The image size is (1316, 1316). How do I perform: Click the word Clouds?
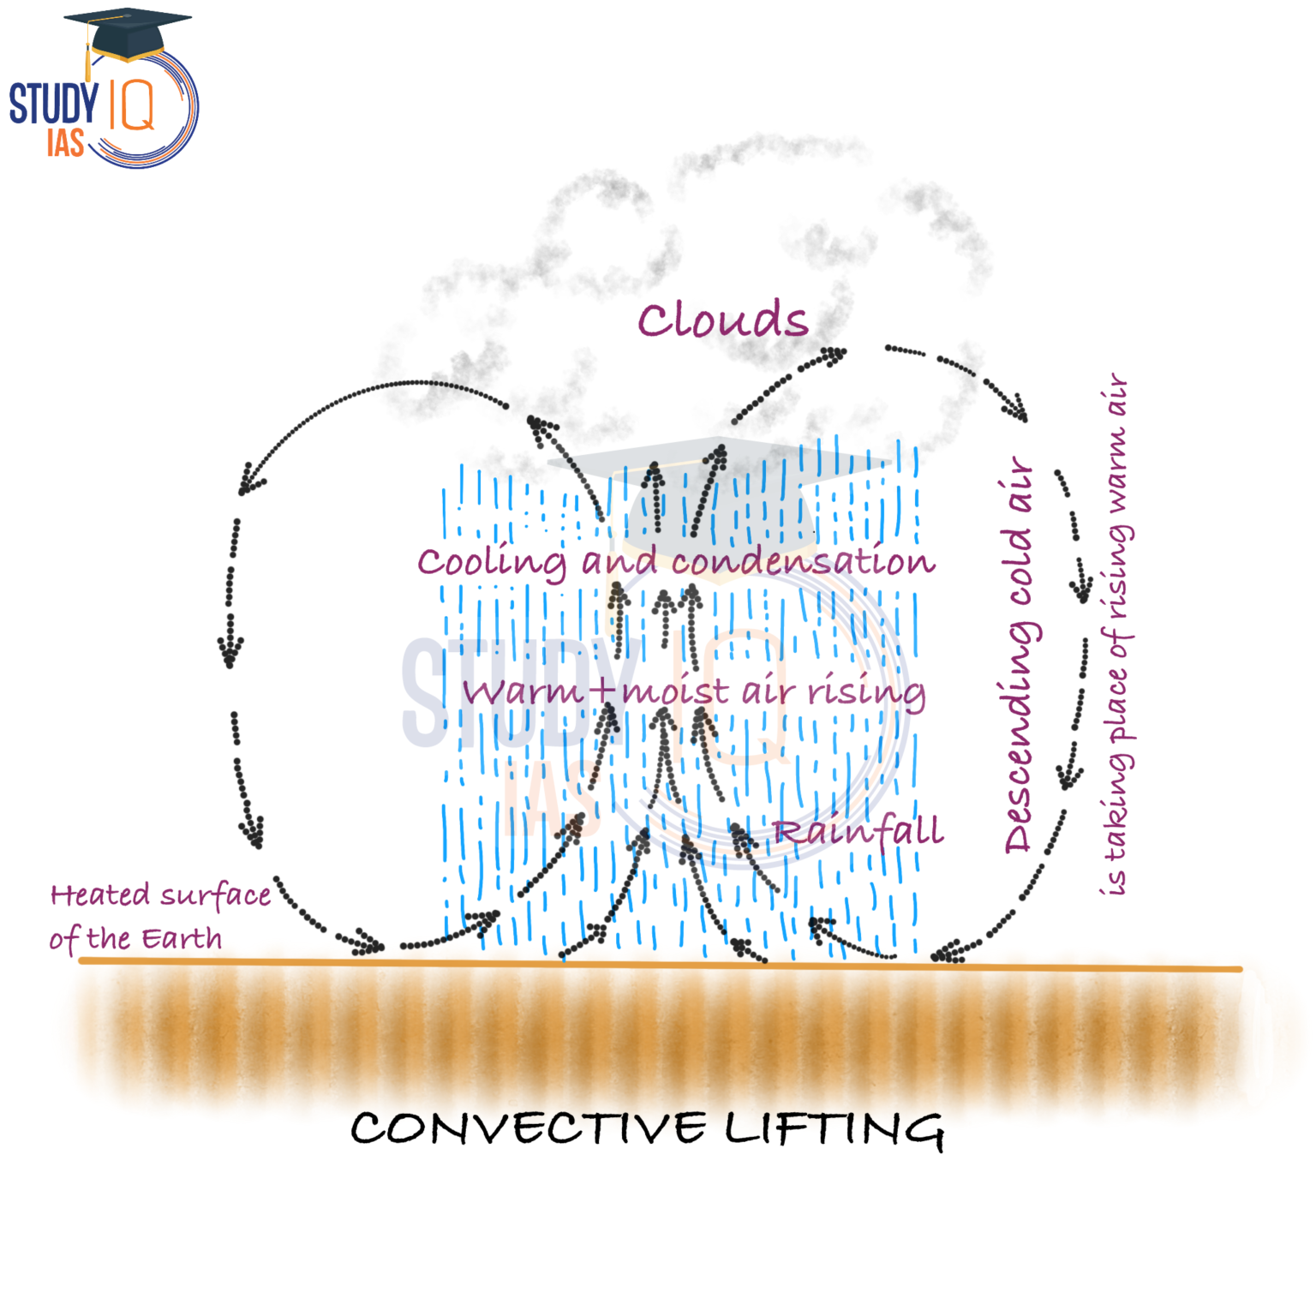point(722,320)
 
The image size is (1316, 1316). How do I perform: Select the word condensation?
point(803,561)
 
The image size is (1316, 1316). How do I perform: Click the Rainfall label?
point(858,830)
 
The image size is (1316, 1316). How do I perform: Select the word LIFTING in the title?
point(835,1129)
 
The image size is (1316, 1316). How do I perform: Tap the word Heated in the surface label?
point(100,895)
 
